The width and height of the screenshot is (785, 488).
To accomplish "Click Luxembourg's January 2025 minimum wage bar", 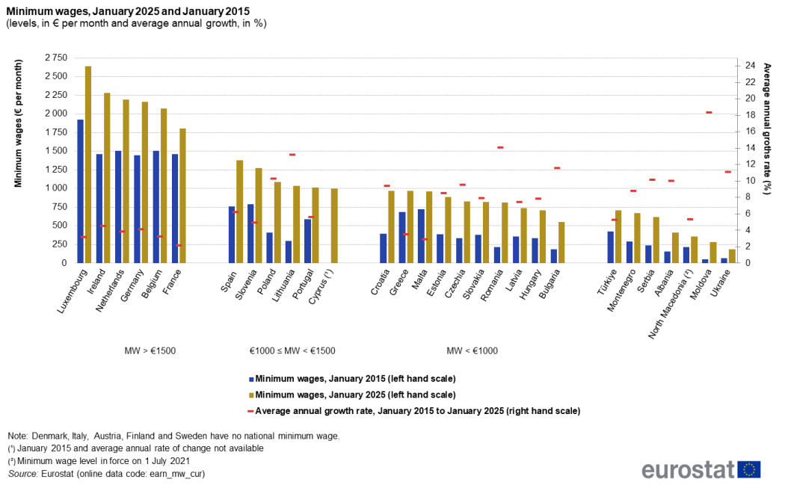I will tap(88, 164).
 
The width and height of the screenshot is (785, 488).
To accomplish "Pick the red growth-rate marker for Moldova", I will tap(709, 113).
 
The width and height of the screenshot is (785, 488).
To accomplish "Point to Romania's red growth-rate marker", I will tap(500, 147).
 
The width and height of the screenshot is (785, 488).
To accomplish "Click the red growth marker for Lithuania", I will tap(292, 155).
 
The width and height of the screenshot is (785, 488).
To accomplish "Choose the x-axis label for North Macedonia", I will tap(673, 306).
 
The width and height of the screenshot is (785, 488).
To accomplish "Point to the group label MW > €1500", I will tap(150, 350).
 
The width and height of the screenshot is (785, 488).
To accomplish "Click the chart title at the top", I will tap(129, 10).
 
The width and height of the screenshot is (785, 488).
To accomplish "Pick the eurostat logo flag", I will tap(749, 469).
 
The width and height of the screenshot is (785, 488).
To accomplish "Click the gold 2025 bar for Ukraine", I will tap(732, 256).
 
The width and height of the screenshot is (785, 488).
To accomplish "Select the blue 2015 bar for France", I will tap(175, 209).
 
